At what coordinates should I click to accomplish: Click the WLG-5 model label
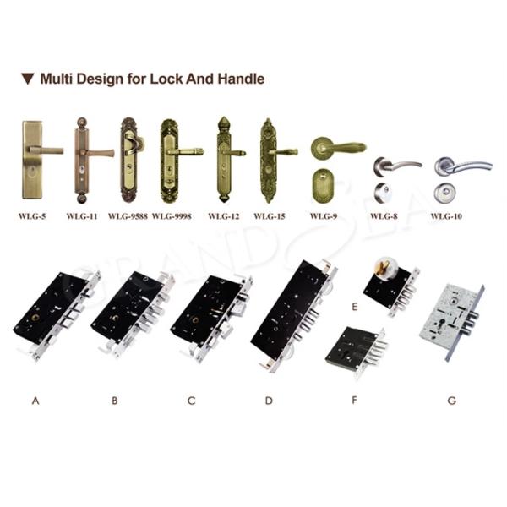click(32, 216)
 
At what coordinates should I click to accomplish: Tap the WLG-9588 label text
click(128, 216)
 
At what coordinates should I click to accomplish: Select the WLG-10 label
click(446, 216)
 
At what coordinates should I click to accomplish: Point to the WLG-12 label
click(224, 216)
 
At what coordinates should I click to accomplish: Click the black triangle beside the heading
click(28, 79)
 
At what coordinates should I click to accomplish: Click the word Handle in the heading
click(241, 79)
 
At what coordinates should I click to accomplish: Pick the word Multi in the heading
click(57, 79)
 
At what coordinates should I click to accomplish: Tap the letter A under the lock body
click(35, 401)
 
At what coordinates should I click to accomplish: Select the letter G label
click(452, 401)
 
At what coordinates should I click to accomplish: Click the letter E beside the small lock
click(355, 307)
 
